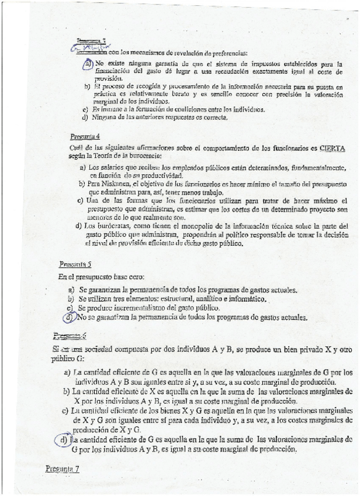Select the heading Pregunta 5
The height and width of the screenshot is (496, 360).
(x=75, y=263)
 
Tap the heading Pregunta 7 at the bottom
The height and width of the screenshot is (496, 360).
(x=62, y=469)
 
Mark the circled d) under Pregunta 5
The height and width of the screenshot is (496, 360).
(x=70, y=318)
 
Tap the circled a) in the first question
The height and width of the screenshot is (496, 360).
(x=88, y=64)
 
